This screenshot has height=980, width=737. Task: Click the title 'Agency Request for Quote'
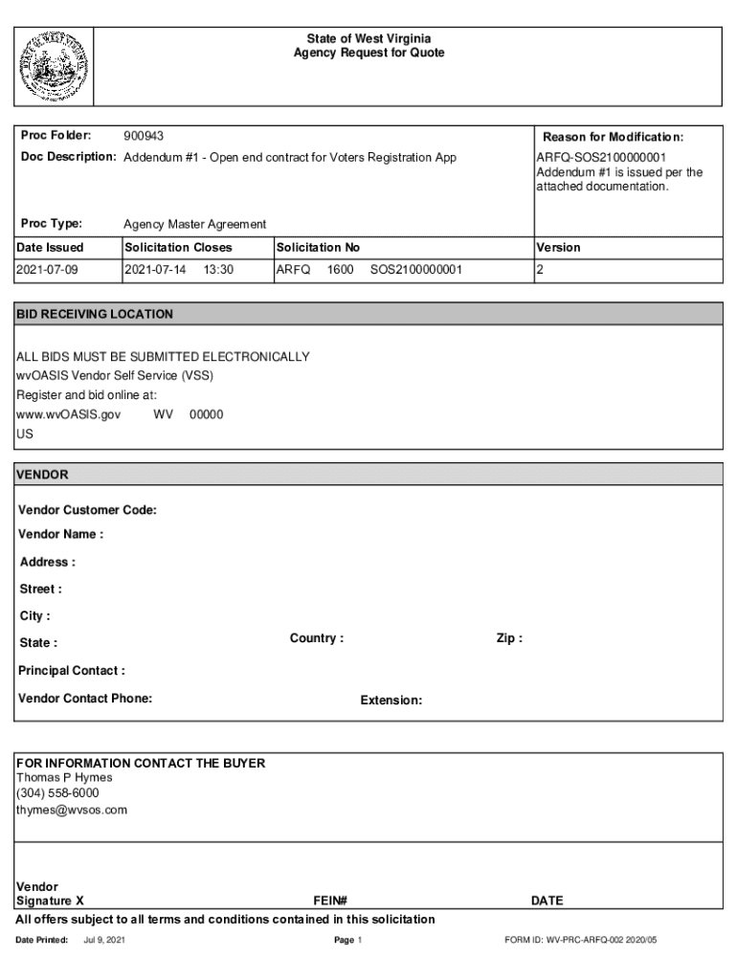click(x=368, y=54)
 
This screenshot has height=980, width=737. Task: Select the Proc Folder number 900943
click(x=144, y=137)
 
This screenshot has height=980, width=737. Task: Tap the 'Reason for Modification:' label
click(x=614, y=137)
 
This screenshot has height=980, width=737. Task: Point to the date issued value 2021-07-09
click(x=47, y=270)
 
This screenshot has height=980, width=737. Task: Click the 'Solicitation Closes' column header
click(x=178, y=247)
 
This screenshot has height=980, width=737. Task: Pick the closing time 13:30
click(x=218, y=270)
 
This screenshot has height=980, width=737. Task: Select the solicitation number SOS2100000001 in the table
click(x=415, y=270)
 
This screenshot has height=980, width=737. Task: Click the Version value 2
click(x=540, y=270)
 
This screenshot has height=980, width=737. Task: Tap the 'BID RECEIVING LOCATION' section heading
click(x=95, y=314)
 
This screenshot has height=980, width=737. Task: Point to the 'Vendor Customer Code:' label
click(x=87, y=510)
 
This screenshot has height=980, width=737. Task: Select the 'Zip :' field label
click(x=509, y=638)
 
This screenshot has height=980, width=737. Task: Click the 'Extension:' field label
click(x=391, y=701)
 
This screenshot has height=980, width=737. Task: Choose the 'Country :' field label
click(x=317, y=638)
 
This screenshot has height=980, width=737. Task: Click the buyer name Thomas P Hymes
click(x=64, y=777)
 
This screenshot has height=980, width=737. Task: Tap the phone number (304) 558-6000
click(x=57, y=793)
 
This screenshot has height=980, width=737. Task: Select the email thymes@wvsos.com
click(x=71, y=810)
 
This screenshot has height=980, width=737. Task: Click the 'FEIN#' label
click(x=329, y=901)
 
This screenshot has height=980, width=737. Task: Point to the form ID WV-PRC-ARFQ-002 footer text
click(x=581, y=941)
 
